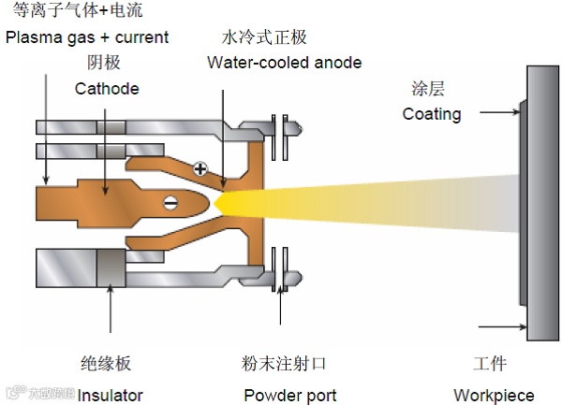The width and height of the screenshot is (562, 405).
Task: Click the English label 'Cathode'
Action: (107, 89)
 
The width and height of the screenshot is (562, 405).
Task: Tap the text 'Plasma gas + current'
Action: (87, 37)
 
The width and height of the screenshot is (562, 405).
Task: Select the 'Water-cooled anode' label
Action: (284, 63)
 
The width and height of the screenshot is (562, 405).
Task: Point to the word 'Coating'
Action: (432, 114)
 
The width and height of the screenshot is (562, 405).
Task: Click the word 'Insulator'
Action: (111, 394)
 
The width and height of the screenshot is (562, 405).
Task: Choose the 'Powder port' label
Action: (289, 394)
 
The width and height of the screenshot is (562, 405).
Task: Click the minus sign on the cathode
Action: (170, 201)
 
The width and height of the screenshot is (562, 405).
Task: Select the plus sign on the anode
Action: (200, 169)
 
